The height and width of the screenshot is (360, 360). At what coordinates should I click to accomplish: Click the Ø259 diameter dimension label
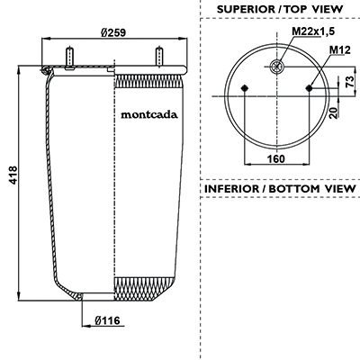(113, 32)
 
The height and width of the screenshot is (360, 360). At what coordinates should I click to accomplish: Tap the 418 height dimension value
(13, 175)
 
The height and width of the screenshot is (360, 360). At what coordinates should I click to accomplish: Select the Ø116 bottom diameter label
(107, 320)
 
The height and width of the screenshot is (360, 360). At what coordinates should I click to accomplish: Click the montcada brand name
(149, 114)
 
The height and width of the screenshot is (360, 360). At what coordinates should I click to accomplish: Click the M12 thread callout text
(340, 50)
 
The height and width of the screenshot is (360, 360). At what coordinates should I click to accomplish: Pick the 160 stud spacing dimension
(276, 158)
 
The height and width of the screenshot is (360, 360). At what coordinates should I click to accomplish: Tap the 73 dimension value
(349, 82)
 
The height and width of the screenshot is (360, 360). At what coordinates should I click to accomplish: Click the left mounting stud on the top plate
(69, 58)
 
